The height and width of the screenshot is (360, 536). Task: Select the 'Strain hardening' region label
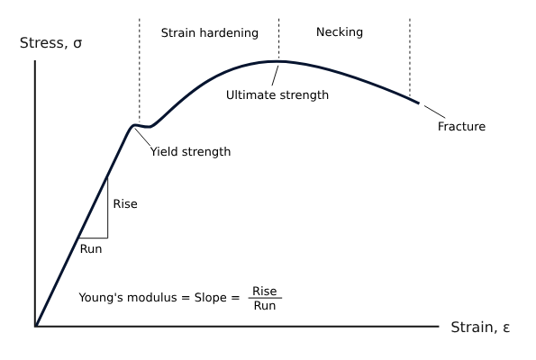click(209, 33)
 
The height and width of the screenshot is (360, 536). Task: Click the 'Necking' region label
click(340, 32)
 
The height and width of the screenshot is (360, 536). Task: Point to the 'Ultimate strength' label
click(277, 94)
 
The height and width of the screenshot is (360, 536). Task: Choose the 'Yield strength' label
click(190, 152)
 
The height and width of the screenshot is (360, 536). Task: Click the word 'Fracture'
click(461, 127)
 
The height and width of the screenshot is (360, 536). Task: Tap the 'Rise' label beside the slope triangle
click(125, 204)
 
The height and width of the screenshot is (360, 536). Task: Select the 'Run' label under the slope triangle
click(91, 248)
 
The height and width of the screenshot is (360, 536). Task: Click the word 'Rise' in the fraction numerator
click(265, 291)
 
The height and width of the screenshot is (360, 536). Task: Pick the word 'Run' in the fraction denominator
click(265, 306)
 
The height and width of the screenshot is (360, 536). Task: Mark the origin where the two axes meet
click(35, 325)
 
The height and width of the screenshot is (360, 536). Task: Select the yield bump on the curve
click(138, 124)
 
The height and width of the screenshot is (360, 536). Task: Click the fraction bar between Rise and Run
click(265, 298)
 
